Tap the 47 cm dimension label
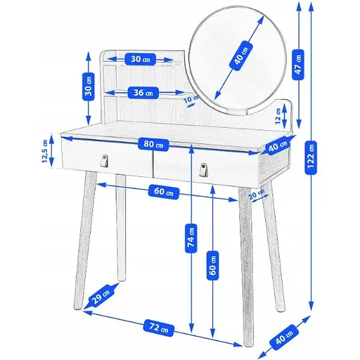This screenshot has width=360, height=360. pyautogui.click(x=298, y=65)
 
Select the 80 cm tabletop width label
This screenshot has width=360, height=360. pyautogui.click(x=153, y=144)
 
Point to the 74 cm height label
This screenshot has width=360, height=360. pyautogui.click(x=191, y=238)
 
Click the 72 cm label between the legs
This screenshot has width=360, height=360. pyautogui.click(x=159, y=328)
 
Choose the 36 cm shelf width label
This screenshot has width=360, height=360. pyautogui.click(x=143, y=93)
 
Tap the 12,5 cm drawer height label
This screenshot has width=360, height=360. pyautogui.click(x=45, y=151)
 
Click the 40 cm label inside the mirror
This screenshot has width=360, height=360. pyautogui.click(x=241, y=56)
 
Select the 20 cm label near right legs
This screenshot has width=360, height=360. pyautogui.click(x=256, y=194)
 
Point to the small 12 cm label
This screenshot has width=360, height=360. pyautogui.click(x=278, y=116)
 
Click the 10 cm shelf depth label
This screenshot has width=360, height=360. pyautogui.click(x=191, y=100)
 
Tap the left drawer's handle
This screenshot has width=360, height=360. pyautogui.click(x=104, y=161)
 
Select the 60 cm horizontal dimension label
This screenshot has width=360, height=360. pyautogui.click(x=164, y=192)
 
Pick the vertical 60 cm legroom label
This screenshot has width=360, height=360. pyautogui.click(x=212, y=266)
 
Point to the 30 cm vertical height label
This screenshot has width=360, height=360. pyautogui.click(x=89, y=86)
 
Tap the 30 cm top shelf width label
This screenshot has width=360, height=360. pyautogui.click(x=140, y=59)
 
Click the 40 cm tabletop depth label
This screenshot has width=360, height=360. pyautogui.click(x=278, y=146)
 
